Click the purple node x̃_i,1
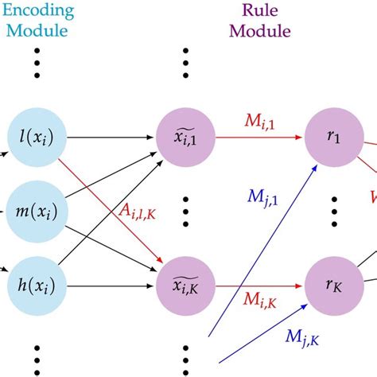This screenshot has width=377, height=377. click(185, 140)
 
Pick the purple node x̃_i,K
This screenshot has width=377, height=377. click(185, 282)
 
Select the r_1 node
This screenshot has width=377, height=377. click(329, 140)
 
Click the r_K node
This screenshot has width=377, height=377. click(329, 282)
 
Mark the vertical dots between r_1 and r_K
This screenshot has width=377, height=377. click(329, 212)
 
